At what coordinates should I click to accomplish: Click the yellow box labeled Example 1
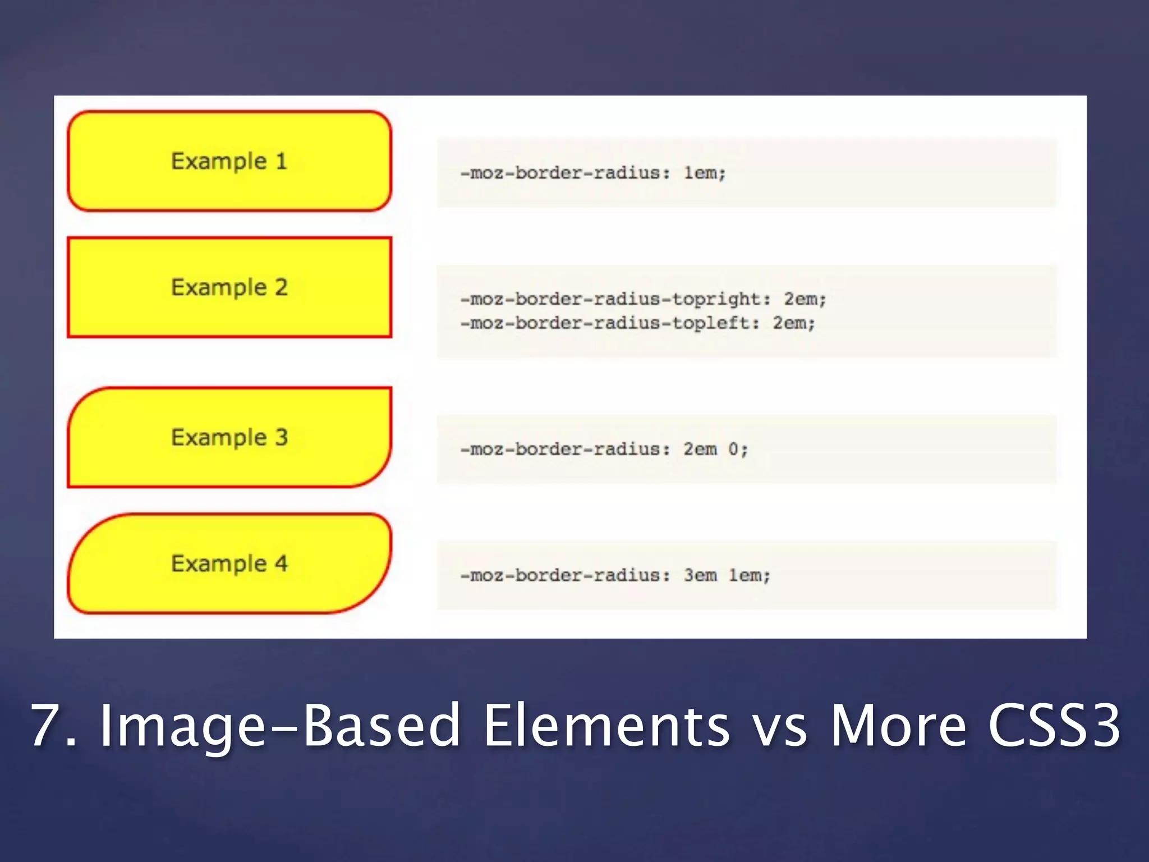[x=229, y=161]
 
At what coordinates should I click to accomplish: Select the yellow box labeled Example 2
[x=229, y=287]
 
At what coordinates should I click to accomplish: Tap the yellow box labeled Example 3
[x=229, y=437]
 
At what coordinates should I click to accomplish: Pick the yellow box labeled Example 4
[x=229, y=563]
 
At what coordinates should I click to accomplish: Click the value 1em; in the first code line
[x=705, y=173]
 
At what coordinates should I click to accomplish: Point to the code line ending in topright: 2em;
[x=643, y=299]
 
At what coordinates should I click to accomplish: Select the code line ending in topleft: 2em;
[x=637, y=323]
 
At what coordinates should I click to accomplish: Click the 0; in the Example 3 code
[x=738, y=450]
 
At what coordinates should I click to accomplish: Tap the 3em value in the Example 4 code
[x=700, y=576]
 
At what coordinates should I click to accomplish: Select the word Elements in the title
[x=606, y=726]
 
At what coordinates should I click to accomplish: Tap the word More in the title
[x=898, y=726]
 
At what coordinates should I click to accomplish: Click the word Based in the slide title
[x=382, y=726]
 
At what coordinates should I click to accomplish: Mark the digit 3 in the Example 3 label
[x=281, y=437]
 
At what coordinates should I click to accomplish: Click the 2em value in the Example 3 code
[x=700, y=450]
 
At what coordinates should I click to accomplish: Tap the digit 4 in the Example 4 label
[x=281, y=563]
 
